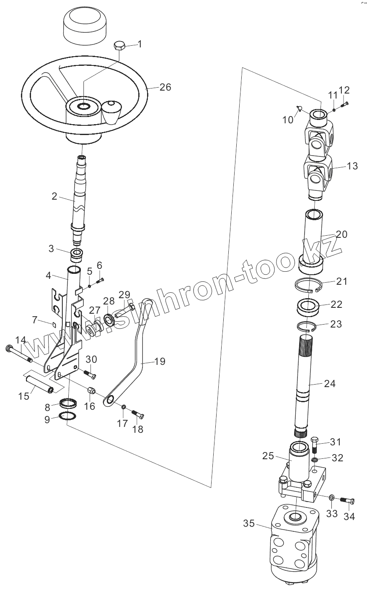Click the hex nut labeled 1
coord(119,45)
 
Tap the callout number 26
coord(165,87)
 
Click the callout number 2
coord(54,196)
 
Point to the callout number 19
coord(159,361)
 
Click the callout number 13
coord(352,166)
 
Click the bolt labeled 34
coord(348,500)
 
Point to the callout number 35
coord(249,524)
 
